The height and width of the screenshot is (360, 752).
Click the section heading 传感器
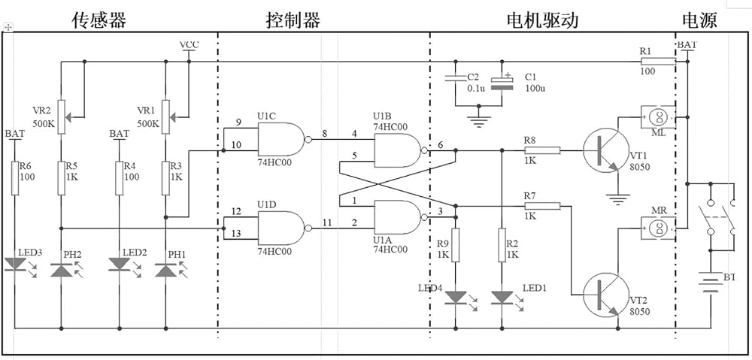click(x=99, y=20)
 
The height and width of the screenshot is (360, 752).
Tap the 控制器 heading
click(x=293, y=20)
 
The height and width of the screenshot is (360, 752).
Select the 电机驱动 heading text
click(x=542, y=20)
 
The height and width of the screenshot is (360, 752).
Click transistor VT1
click(x=606, y=150)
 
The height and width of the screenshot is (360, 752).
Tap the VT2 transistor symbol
click(x=606, y=295)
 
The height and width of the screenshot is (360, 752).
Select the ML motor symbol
click(x=658, y=116)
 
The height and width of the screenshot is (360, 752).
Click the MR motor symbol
click(x=658, y=228)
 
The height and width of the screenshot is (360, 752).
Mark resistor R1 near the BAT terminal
click(x=659, y=62)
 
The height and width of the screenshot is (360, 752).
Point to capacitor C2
click(x=456, y=78)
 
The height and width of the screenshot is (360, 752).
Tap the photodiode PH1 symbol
click(x=166, y=271)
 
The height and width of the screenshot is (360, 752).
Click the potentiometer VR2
click(x=62, y=116)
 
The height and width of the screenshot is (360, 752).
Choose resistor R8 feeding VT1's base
click(x=542, y=150)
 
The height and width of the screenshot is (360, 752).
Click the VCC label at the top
click(x=190, y=45)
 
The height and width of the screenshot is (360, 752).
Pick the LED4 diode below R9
click(x=456, y=298)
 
